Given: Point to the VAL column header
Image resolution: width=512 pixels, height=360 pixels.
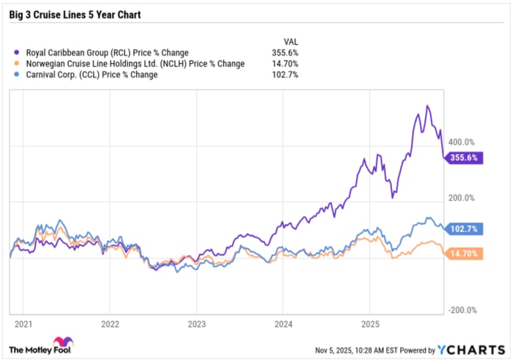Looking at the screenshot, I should [290, 41].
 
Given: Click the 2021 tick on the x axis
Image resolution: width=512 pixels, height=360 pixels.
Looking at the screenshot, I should [23, 323].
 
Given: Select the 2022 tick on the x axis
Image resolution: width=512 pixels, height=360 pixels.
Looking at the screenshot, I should [110, 323].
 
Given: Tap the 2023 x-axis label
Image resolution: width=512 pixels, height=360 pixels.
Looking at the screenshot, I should [197, 323].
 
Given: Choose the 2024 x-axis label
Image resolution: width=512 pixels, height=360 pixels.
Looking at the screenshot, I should [284, 323].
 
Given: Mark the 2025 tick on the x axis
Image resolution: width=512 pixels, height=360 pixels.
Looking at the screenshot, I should [370, 323].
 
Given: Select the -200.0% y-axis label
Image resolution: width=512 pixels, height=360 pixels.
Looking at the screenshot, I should [459, 310].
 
